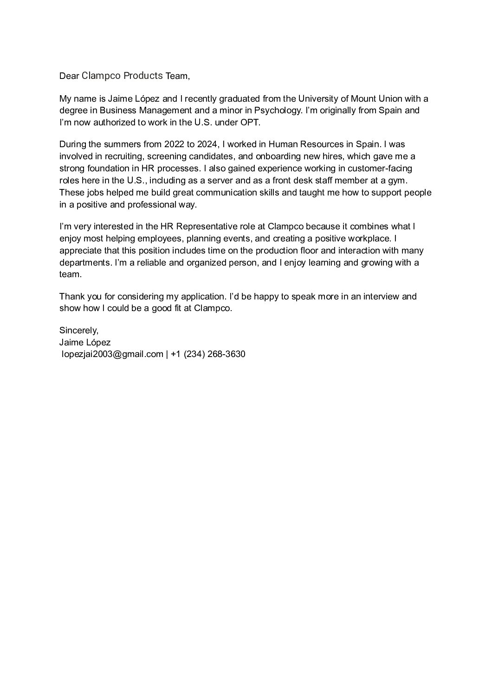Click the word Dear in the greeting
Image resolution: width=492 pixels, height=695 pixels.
pyautogui.click(x=69, y=76)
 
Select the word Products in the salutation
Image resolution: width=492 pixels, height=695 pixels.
pyautogui.click(x=143, y=76)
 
